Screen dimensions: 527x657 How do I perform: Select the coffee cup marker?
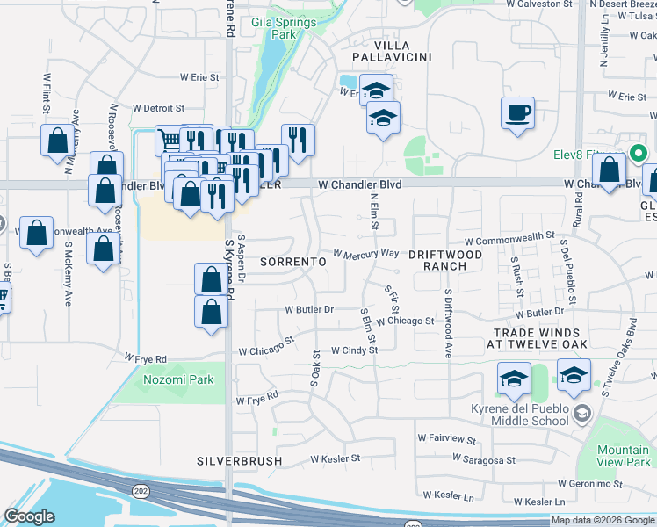click(517, 113)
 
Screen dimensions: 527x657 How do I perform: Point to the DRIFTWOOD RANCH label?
click(444, 259)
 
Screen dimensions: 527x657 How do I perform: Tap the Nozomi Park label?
click(166, 380)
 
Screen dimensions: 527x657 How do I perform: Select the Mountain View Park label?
click(623, 455)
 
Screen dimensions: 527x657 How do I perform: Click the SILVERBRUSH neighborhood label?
click(239, 460)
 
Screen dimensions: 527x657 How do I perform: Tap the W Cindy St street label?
click(354, 350)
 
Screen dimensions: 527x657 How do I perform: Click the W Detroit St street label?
click(158, 108)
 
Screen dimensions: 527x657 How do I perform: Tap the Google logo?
click(30, 516)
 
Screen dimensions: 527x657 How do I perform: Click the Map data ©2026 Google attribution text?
click(603, 520)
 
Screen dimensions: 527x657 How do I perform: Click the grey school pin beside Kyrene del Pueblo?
click(581, 413)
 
